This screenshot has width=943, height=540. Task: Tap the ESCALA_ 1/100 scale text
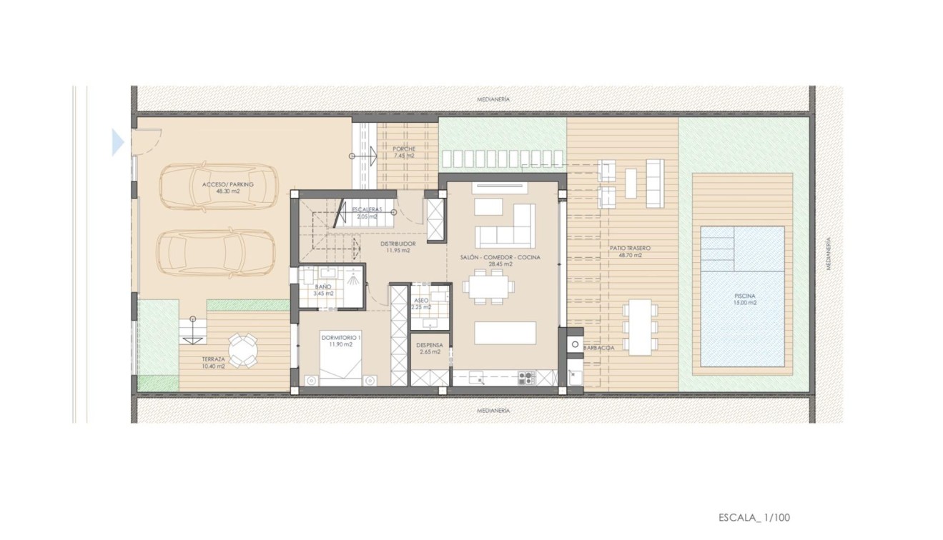754,517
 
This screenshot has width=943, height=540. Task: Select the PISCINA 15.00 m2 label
744,299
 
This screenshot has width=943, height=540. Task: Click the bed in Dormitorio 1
341,371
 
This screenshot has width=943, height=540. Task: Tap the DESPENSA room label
430,349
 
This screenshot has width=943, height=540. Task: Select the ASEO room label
421,304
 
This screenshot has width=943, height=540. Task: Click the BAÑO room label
323,290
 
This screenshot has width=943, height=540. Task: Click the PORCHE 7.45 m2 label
403,152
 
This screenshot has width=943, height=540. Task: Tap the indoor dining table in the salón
488,288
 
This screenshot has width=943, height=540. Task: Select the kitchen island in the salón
505,333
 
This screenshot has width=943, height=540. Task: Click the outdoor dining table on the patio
641,326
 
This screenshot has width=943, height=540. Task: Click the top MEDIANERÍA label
493,100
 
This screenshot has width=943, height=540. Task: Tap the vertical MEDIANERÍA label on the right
829,253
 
